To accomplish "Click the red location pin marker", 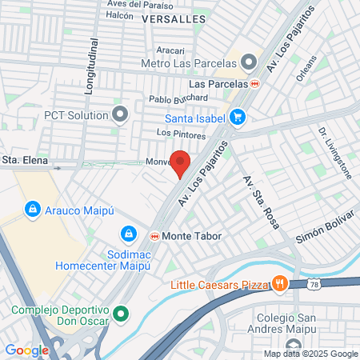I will coord(182,162).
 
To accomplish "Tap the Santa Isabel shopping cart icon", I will coord(237,117).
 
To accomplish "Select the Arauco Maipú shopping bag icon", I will coord(33,210).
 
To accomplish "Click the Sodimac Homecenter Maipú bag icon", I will coord(126,234).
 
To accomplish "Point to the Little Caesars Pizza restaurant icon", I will coord(279,282).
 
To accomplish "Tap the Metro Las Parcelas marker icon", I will coord(249,62).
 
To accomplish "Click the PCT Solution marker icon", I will coord(121,114).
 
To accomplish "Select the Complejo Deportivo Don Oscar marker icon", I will coord(121,313).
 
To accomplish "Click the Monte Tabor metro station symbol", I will coord(154,237).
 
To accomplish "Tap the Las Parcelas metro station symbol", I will coord(255,83).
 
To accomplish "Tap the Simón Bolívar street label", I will coord(324,229).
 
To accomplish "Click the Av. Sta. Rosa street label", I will coord(254,195).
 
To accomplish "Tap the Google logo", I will coord(26,350).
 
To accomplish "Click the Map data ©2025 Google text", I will coord(310,354).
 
